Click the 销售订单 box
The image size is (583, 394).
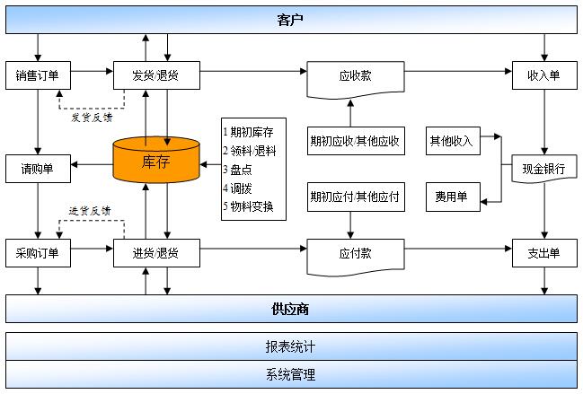pos(38,75)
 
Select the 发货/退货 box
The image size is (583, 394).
pos(156,75)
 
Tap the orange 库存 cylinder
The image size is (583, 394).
pos(156,160)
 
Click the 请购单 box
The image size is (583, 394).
pos(38,169)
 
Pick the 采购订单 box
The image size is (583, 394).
pos(38,253)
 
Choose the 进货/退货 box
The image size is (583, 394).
pos(156,253)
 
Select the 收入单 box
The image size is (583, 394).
pos(544,75)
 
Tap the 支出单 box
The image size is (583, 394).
pos(544,253)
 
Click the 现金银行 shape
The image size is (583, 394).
pos(544,169)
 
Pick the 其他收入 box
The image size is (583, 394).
pos(453,141)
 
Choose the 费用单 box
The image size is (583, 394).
pos(453,197)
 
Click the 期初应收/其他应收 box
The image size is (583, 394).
pos(356,141)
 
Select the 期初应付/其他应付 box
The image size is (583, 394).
pos(356,197)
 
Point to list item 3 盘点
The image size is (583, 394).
pos(237,170)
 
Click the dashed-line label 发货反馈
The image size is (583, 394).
pos(92,118)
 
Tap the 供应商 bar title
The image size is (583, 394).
pos(290,309)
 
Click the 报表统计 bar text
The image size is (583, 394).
pos(290,346)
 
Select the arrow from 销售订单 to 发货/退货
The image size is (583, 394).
pos(92,71)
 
